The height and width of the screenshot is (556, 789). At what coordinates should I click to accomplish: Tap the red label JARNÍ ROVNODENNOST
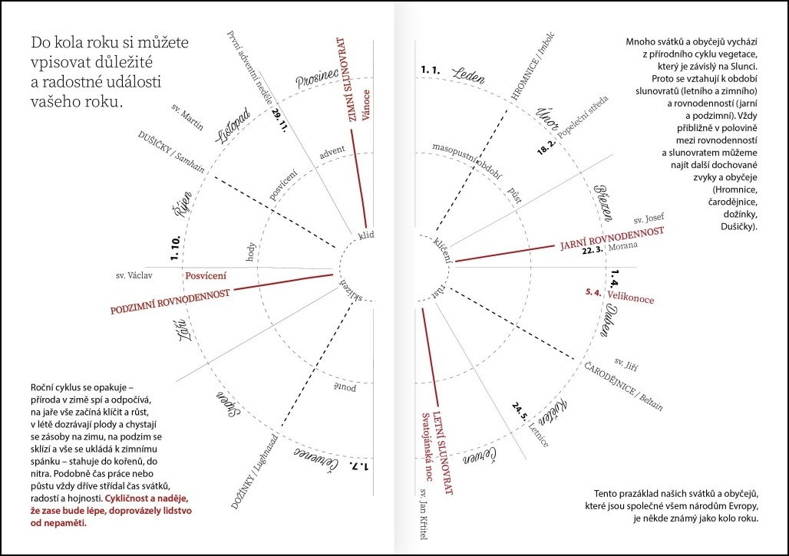tap(612, 237)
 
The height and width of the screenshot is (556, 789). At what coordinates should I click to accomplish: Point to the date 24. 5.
tap(523, 415)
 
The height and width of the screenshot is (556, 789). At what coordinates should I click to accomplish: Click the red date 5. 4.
tap(593, 292)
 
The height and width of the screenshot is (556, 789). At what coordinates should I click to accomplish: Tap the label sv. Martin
tap(188, 116)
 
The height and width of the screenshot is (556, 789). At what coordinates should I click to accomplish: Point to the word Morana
tap(622, 248)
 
